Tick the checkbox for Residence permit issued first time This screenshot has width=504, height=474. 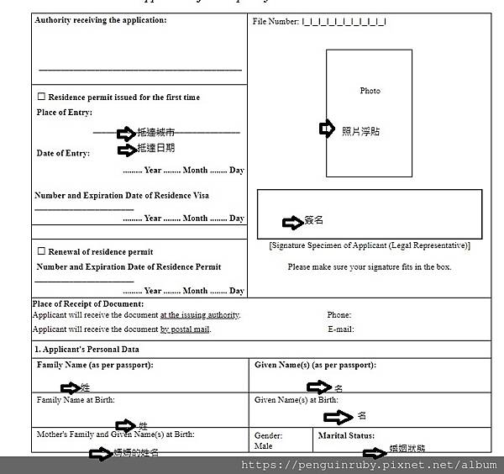(x=41, y=97)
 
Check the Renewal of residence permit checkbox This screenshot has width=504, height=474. (x=41, y=251)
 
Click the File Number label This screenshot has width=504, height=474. (x=276, y=21)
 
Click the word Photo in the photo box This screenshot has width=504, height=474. (x=370, y=91)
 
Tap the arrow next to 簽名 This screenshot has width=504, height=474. (x=291, y=222)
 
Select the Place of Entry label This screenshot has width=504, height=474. (x=65, y=113)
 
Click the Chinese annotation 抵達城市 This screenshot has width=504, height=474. (x=156, y=133)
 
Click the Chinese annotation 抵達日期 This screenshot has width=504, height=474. (x=156, y=149)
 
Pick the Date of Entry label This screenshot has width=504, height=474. (x=63, y=153)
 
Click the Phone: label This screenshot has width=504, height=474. (x=339, y=315)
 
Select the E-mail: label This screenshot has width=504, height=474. (x=340, y=329)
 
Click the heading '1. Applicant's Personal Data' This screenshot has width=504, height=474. (x=87, y=349)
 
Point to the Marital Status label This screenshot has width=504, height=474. (x=346, y=435)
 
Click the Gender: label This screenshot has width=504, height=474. (x=269, y=436)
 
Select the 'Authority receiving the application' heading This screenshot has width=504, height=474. (x=101, y=20)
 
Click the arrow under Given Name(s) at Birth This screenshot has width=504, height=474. (x=339, y=417)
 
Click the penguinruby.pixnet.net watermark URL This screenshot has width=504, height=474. (x=369, y=465)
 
